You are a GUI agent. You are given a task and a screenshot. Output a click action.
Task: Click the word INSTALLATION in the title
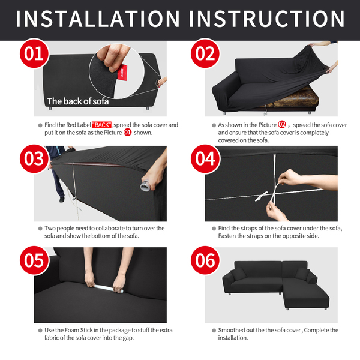[x=98, y=19]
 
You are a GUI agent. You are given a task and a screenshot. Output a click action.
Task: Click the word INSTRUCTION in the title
[x=267, y=19]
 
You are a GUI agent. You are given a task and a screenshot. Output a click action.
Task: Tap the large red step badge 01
[x=34, y=53]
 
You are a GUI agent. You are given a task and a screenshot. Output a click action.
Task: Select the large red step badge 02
[x=205, y=53]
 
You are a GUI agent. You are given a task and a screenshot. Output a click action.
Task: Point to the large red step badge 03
[x=34, y=158]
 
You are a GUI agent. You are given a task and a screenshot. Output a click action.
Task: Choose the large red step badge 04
[x=205, y=158]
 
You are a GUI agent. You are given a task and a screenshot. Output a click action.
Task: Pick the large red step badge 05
[x=34, y=260]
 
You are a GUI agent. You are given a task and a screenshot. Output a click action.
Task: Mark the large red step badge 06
[x=205, y=260]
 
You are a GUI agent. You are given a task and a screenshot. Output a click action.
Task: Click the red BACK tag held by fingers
[x=122, y=73]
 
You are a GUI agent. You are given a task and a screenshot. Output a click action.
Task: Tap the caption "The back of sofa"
[x=78, y=101]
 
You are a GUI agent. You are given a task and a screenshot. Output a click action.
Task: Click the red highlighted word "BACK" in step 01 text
[x=102, y=125]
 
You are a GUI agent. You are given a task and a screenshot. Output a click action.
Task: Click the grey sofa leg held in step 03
[x=146, y=185]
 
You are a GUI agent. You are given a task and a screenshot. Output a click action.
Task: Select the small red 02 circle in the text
[x=282, y=125]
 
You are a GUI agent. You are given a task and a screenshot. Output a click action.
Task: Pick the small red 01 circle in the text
[x=127, y=133]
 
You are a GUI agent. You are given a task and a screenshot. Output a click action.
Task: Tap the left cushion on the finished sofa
[x=239, y=274]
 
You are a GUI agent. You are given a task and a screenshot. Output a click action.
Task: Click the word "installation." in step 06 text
[x=233, y=338]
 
